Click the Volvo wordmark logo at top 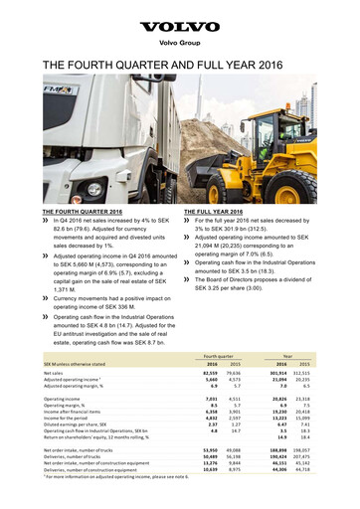[x=180, y=20]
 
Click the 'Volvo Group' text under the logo [x=180, y=42]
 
